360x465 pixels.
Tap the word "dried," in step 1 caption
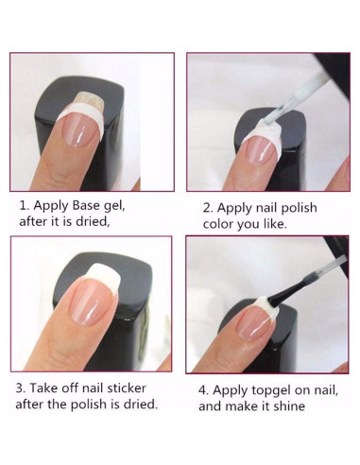point(93,221)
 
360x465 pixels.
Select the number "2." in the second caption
point(208,208)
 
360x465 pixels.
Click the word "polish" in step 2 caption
point(299,209)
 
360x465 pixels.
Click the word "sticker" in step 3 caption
point(127,388)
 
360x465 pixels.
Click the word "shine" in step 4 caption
point(289,406)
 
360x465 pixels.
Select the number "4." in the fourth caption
point(204,390)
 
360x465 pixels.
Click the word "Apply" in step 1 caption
point(51,206)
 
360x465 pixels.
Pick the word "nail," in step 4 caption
point(326,390)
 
